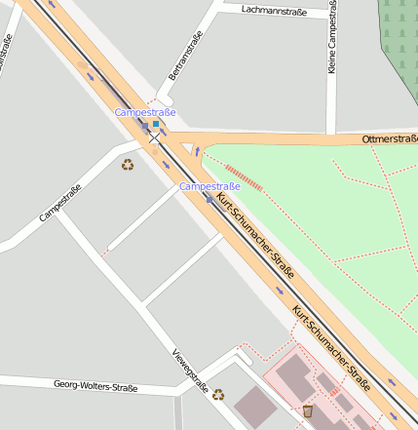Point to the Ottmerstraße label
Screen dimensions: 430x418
tap(389, 139)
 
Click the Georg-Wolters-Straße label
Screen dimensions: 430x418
tap(95, 387)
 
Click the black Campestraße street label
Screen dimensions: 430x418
tap(60, 203)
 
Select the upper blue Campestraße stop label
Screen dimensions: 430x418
tap(145, 112)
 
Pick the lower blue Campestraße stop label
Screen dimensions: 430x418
tap(209, 185)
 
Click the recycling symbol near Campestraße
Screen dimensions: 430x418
tap(128, 165)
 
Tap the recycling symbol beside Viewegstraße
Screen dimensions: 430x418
tap(218, 395)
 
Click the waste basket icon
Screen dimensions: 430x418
tap(308, 410)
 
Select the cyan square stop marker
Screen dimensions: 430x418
tap(155, 124)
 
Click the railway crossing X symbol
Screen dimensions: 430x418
tap(154, 138)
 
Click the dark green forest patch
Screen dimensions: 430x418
tap(399, 39)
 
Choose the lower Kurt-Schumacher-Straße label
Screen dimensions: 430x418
tap(331, 346)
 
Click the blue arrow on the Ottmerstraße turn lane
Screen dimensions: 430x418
tap(195, 151)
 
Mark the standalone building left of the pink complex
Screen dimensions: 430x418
tap(255, 406)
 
